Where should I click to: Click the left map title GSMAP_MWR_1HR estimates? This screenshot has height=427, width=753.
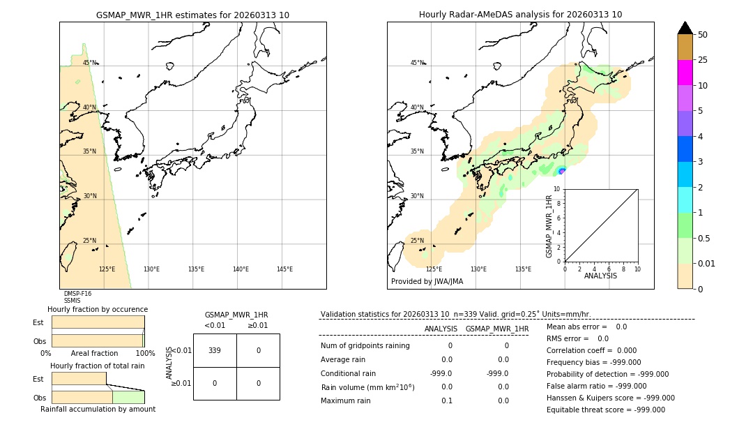click(192, 15)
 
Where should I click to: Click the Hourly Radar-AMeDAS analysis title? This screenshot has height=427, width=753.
click(520, 15)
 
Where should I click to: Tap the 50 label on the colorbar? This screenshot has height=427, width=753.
click(703, 35)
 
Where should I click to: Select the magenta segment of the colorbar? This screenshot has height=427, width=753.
click(685, 73)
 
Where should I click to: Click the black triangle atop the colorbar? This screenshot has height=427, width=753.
click(685, 28)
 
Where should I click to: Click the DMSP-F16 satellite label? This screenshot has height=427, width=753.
click(77, 294)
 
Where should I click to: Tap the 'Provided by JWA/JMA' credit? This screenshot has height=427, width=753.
click(427, 282)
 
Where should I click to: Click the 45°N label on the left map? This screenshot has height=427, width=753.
click(90, 63)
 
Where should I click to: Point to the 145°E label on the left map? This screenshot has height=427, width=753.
click(284, 269)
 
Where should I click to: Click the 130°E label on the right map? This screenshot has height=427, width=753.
click(478, 269)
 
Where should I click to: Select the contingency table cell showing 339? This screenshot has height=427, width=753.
click(215, 350)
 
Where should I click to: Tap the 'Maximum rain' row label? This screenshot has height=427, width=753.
click(347, 400)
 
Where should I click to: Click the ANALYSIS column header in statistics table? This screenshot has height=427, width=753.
click(441, 329)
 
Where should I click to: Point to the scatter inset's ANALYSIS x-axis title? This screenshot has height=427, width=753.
click(600, 276)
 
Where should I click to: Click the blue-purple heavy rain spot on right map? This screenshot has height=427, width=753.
click(562, 171)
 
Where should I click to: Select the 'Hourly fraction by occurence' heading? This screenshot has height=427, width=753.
click(98, 309)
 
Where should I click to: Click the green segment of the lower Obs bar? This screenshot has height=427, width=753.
click(128, 397)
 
